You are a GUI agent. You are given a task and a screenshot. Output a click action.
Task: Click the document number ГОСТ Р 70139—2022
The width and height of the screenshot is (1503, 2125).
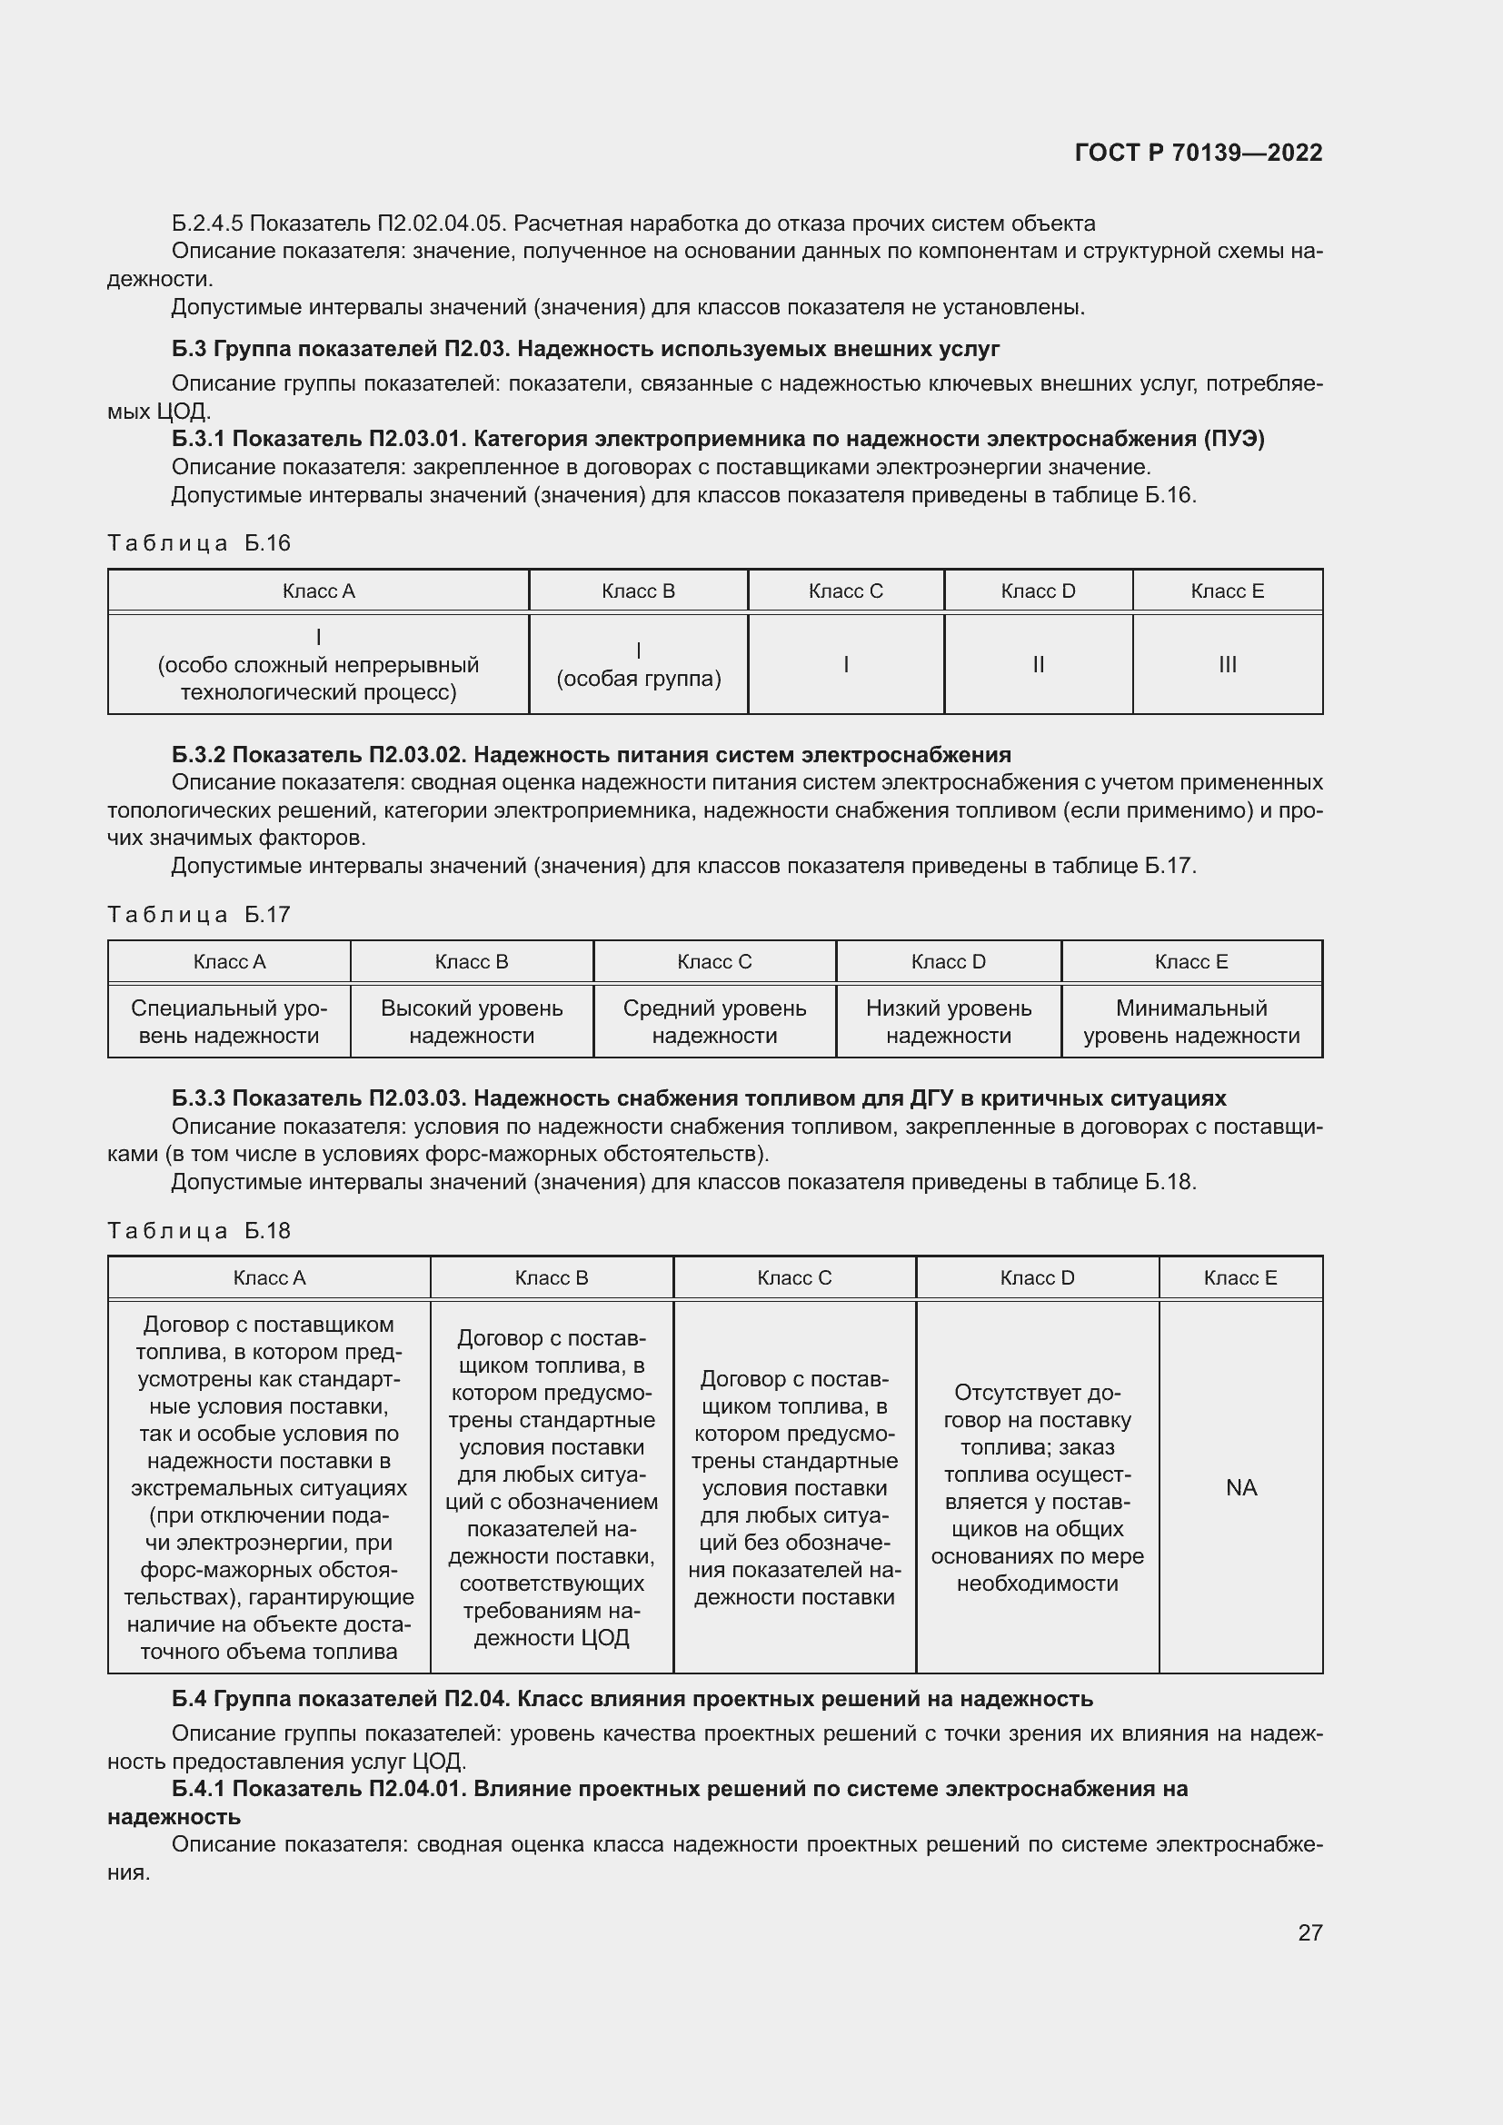coord(1198,153)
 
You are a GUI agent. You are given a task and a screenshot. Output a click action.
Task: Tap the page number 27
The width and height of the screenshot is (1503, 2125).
coord(1309,1932)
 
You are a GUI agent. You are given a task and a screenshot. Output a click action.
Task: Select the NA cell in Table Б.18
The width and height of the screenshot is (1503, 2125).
coord(1240,1487)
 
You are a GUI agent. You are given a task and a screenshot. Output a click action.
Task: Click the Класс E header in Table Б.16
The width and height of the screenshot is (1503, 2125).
coord(1226,591)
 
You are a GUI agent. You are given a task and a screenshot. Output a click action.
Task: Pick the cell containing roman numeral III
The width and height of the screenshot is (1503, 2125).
coord(1226,664)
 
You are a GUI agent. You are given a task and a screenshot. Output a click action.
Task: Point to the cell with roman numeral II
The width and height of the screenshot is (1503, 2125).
coord(1038,664)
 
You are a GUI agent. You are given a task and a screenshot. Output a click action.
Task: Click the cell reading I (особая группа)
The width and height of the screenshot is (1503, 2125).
coord(638,664)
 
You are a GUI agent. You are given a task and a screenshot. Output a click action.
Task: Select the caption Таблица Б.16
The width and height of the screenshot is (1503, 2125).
coord(199,543)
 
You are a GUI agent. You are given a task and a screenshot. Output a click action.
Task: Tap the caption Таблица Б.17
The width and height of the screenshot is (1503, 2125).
coord(199,915)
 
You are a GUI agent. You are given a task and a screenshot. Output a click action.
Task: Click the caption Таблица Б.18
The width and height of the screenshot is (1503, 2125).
coord(199,1231)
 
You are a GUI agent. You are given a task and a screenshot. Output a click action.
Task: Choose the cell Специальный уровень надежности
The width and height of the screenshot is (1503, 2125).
coord(229,1022)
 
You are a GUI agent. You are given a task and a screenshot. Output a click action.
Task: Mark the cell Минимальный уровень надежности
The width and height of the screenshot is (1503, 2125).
coord(1191,1022)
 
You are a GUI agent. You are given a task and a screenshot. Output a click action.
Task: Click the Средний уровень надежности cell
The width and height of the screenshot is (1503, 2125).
coord(713,1022)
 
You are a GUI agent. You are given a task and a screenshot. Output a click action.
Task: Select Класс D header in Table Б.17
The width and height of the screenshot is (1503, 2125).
coord(948,961)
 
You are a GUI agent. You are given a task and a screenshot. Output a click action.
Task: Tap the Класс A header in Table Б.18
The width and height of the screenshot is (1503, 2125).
coord(268,1278)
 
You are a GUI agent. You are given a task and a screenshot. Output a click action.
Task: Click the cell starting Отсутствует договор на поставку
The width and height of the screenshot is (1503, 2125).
coord(1037,1487)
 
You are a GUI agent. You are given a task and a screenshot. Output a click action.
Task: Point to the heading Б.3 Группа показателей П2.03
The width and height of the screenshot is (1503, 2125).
coord(585,349)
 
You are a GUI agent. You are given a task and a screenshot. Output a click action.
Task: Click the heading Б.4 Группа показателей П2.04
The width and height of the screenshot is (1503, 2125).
coord(632,1699)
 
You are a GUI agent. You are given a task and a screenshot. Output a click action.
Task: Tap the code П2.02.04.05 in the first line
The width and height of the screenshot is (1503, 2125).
coord(440,224)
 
